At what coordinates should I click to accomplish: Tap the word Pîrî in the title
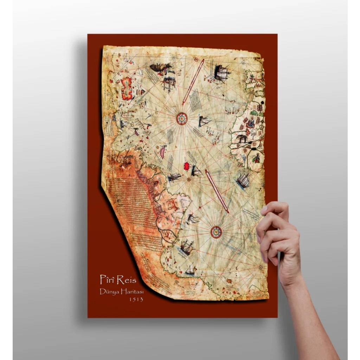pyautogui.click(x=108, y=279)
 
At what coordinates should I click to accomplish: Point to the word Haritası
pyautogui.click(x=132, y=292)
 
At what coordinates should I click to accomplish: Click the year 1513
pyautogui.click(x=136, y=300)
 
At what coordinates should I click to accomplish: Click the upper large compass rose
pyautogui.click(x=182, y=118)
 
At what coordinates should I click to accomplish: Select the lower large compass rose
pyautogui.click(x=216, y=232)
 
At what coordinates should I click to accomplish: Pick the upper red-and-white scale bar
pyautogui.click(x=193, y=82)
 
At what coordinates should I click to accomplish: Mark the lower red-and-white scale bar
pyautogui.click(x=217, y=191)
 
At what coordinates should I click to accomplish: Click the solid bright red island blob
pyautogui.click(x=187, y=166)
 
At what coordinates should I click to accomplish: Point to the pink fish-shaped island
pyautogui.click(x=163, y=152)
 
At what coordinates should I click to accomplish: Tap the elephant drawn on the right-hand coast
pyautogui.click(x=242, y=138)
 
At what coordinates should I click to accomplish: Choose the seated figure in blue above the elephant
pyautogui.click(x=251, y=123)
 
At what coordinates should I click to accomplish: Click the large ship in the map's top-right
pyautogui.click(x=222, y=73)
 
